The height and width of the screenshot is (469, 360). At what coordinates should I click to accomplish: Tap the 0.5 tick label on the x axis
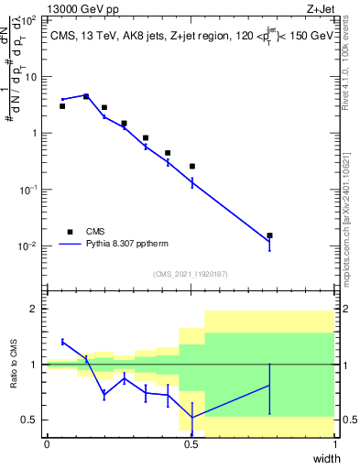[191, 444]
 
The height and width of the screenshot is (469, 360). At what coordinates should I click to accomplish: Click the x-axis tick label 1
[334, 444]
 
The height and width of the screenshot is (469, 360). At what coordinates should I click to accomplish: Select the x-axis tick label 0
[47, 444]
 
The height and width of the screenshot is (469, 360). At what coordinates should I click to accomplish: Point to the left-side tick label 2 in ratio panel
[37, 309]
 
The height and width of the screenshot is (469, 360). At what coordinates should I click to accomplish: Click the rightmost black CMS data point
[269, 235]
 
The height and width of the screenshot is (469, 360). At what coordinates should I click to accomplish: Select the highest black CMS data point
[86, 96]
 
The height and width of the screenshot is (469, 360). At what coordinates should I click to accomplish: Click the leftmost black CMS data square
[62, 106]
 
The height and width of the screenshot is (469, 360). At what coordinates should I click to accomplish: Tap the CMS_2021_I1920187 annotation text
[191, 274]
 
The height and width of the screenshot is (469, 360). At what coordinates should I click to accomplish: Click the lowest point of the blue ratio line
[191, 418]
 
